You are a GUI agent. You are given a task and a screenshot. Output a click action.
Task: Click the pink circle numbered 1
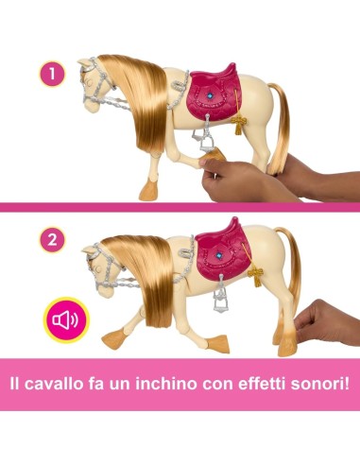pos(52,74)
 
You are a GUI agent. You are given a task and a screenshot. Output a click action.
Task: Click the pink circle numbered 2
pos(52,240)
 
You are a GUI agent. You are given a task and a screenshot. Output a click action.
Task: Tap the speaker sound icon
pos(66,320)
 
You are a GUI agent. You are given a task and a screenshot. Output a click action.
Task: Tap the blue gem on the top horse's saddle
pos(209,95)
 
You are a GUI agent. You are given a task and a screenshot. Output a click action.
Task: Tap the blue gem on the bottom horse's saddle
pos(219,254)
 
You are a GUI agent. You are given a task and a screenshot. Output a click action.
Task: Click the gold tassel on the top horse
pos(238,124)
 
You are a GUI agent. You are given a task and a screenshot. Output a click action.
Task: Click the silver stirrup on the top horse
pos(206,140)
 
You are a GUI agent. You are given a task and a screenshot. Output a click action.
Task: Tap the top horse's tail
pos(281,126)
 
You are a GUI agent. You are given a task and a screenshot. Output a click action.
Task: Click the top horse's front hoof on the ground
pos(147,191)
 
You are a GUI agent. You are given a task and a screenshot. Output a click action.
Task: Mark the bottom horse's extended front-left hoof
pos(114,339)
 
